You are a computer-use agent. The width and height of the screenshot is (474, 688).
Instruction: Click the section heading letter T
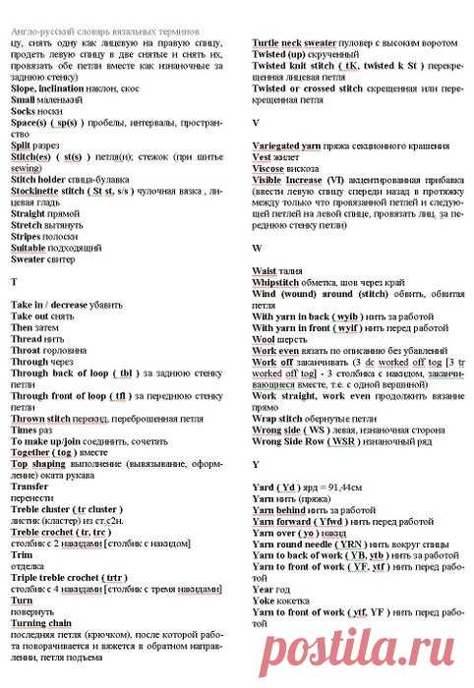point(13,281)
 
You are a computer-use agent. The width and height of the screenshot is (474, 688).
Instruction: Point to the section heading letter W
point(257,249)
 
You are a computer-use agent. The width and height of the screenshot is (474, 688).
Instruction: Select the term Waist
point(265,270)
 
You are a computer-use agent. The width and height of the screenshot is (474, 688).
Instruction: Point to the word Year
point(263,590)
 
